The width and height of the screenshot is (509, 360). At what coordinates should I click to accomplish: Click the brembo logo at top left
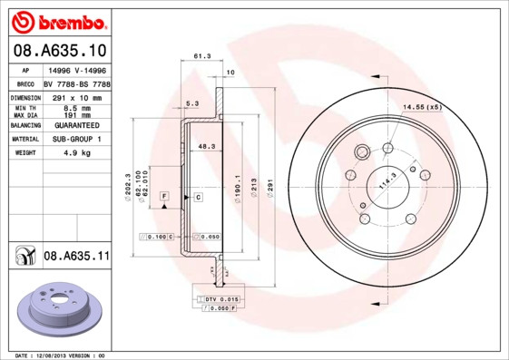[x=57, y=20]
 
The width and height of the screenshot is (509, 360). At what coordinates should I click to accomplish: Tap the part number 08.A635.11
[x=76, y=257]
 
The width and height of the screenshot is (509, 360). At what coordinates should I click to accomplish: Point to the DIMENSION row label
[x=26, y=96]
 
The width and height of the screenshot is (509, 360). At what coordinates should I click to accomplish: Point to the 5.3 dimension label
[x=192, y=103]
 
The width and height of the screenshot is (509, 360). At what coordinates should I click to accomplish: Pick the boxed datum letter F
[x=164, y=196]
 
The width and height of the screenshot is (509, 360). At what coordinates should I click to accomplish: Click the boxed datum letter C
[x=197, y=196]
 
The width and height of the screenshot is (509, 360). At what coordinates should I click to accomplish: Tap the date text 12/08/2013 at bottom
[x=56, y=355]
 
